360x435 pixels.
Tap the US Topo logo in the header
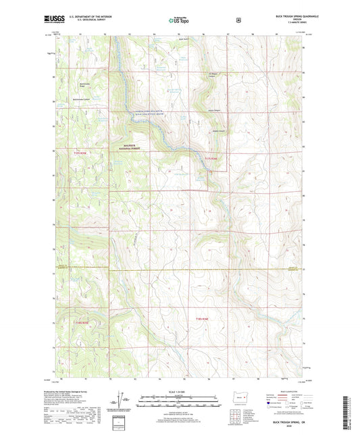tap(179, 20)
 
